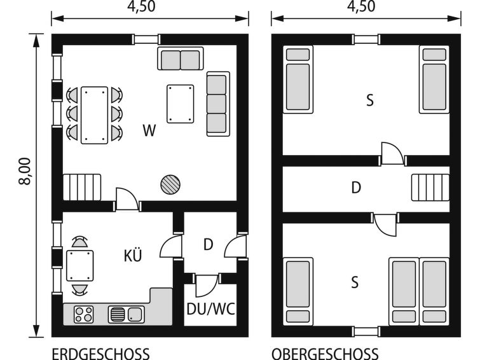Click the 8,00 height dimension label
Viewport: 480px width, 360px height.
click(x=25, y=172)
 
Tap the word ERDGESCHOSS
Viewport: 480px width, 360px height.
click(x=100, y=354)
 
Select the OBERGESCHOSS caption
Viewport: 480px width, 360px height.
click(x=325, y=354)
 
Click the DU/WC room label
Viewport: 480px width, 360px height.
click(x=210, y=309)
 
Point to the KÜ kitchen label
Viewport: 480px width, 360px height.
click(x=133, y=255)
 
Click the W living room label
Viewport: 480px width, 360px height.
click(x=149, y=130)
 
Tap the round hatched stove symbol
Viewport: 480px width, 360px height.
click(x=170, y=184)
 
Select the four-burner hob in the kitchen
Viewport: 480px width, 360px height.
click(x=83, y=314)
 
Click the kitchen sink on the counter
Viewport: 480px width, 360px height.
click(x=126, y=314)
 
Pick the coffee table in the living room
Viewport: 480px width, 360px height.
click(x=181, y=104)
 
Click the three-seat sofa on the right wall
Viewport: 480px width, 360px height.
click(x=218, y=104)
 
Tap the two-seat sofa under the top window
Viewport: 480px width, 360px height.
click(x=181, y=59)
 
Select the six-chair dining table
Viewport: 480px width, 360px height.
click(x=94, y=115)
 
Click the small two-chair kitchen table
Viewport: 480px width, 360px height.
click(x=80, y=266)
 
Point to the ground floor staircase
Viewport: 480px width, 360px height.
click(x=82, y=187)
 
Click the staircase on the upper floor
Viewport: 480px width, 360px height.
click(x=430, y=187)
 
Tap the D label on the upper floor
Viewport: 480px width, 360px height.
click(x=356, y=188)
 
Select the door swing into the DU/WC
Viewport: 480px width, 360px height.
click(x=207, y=286)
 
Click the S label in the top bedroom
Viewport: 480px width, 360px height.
click(x=370, y=100)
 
